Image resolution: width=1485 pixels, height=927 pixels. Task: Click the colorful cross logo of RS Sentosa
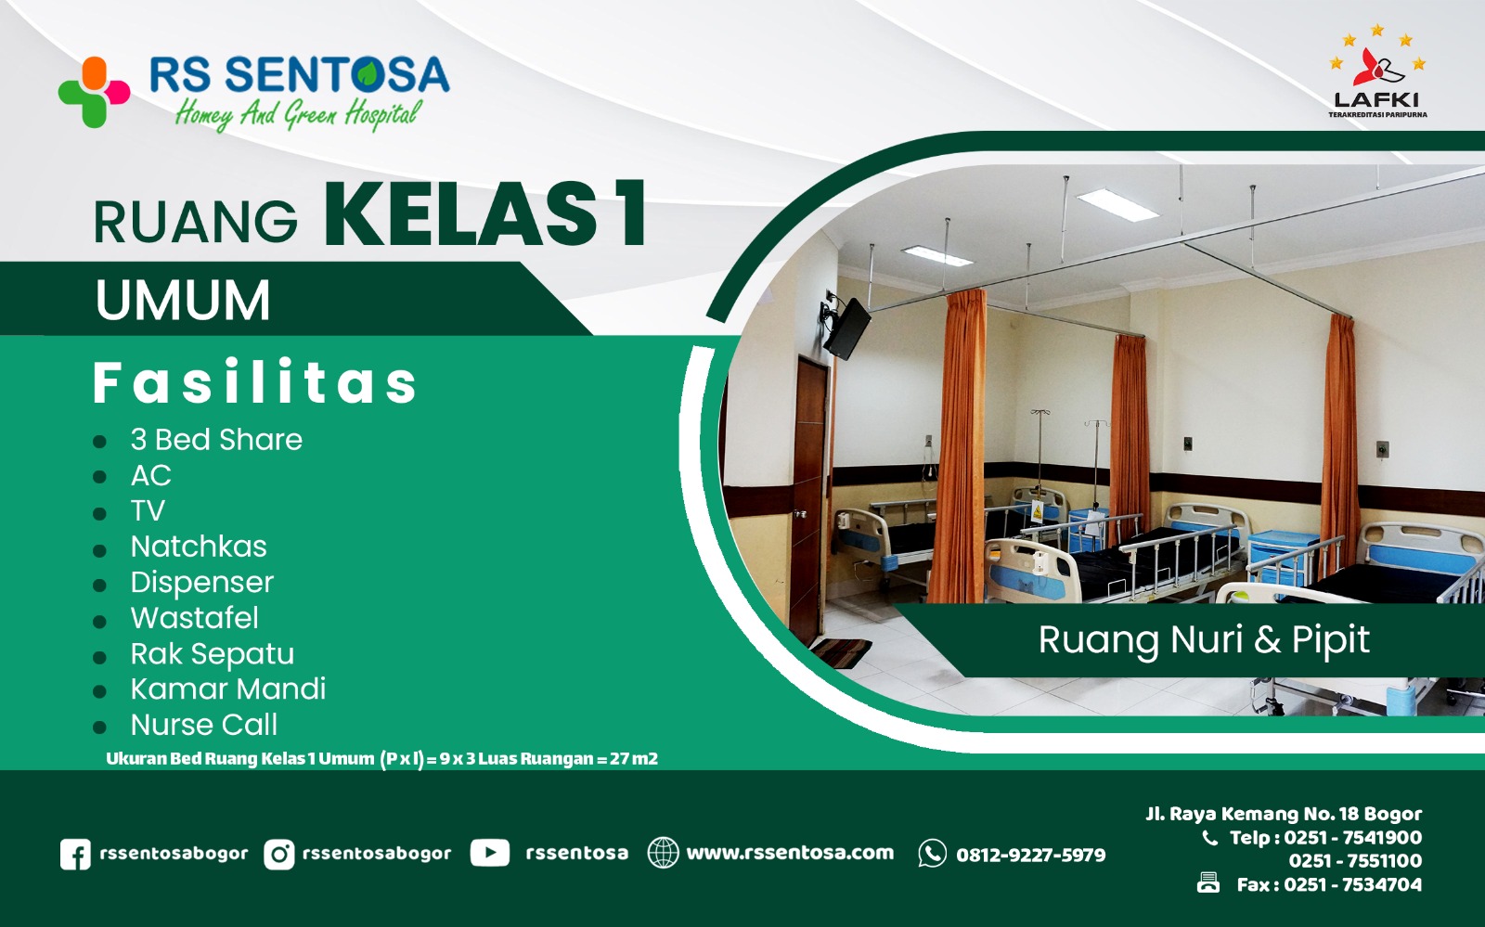pyautogui.click(x=94, y=92)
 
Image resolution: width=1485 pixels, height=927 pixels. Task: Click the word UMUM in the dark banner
pyautogui.click(x=183, y=301)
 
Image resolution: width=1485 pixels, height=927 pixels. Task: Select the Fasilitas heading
pyautogui.click(x=255, y=383)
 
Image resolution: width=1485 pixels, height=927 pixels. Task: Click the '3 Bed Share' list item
pyautogui.click(x=216, y=440)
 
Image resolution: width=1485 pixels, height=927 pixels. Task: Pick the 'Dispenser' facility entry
pyautogui.click(x=202, y=583)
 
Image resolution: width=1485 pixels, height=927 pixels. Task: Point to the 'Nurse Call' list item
pyautogui.click(x=204, y=725)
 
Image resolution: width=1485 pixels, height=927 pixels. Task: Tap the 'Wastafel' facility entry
pyautogui.click(x=195, y=618)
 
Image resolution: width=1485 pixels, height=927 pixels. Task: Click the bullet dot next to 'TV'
pyautogui.click(x=100, y=513)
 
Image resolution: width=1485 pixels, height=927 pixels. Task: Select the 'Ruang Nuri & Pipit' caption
pyautogui.click(x=1204, y=640)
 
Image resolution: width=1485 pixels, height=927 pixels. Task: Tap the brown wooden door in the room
pyautogui.click(x=809, y=501)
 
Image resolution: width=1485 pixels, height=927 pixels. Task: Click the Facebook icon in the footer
pyautogui.click(x=75, y=854)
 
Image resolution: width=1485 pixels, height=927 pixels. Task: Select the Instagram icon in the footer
pyautogui.click(x=278, y=854)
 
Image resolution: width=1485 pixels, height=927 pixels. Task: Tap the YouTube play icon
pyautogui.click(x=489, y=853)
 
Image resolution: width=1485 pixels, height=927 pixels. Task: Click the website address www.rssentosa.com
pyautogui.click(x=790, y=853)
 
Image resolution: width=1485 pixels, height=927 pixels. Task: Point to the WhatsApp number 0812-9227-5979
pyautogui.click(x=1030, y=855)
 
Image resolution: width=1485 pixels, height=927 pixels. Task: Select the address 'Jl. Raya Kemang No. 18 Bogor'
pyautogui.click(x=1284, y=814)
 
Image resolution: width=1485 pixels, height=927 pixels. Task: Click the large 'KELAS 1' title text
pyautogui.click(x=485, y=215)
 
